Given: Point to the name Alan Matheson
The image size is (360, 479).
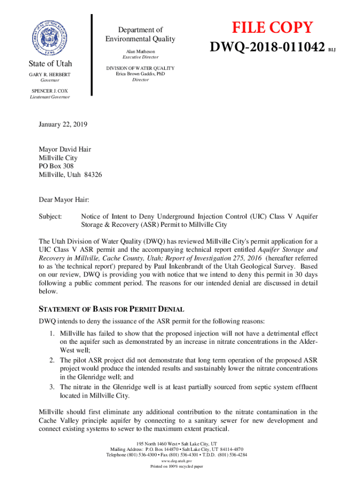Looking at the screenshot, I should (x=140, y=51).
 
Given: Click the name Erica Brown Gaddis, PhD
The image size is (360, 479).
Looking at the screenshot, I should (x=140, y=74).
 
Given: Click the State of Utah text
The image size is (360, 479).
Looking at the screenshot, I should (x=50, y=64).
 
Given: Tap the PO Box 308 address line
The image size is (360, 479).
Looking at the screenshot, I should (x=56, y=166).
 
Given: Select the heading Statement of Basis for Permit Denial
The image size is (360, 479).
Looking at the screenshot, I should (x=111, y=310).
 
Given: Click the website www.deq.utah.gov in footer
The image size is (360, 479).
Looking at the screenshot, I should (x=177, y=461).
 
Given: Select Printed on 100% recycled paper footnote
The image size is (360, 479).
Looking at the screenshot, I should (x=177, y=466).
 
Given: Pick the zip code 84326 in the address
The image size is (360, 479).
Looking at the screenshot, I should (x=93, y=174).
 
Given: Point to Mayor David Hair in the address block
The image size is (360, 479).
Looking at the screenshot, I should (x=65, y=149).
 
